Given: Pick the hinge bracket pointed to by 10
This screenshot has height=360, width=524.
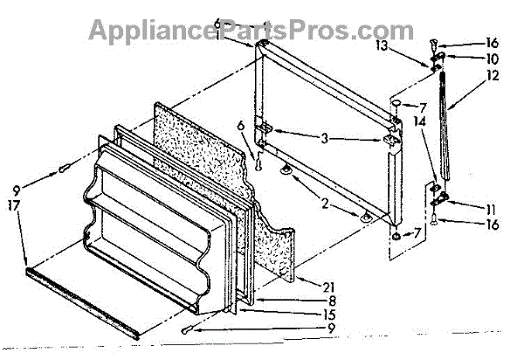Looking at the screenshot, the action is tap(439, 59).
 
